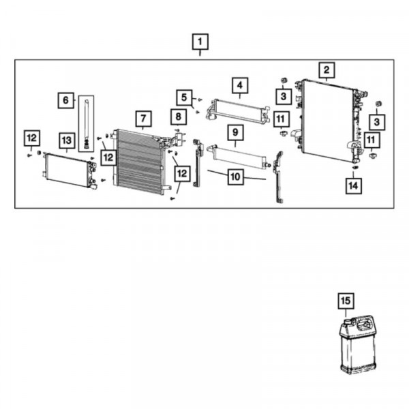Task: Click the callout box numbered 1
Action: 200,42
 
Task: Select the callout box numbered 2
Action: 327,70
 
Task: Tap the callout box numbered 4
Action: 240,85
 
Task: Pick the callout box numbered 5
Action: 184,97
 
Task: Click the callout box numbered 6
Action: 65,100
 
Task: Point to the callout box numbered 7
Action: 143,119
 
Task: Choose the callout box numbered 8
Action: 179,117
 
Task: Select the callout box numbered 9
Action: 236,132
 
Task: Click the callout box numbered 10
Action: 236,177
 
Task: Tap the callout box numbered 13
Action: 67,140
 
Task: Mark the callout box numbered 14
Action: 353,186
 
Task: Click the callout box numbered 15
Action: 346,301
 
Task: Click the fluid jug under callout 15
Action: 357,344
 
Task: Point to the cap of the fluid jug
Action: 348,321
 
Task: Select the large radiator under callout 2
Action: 330,121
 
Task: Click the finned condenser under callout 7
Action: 140,162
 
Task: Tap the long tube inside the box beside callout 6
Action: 87,123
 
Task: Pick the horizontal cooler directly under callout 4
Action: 238,111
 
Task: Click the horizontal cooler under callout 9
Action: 238,156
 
